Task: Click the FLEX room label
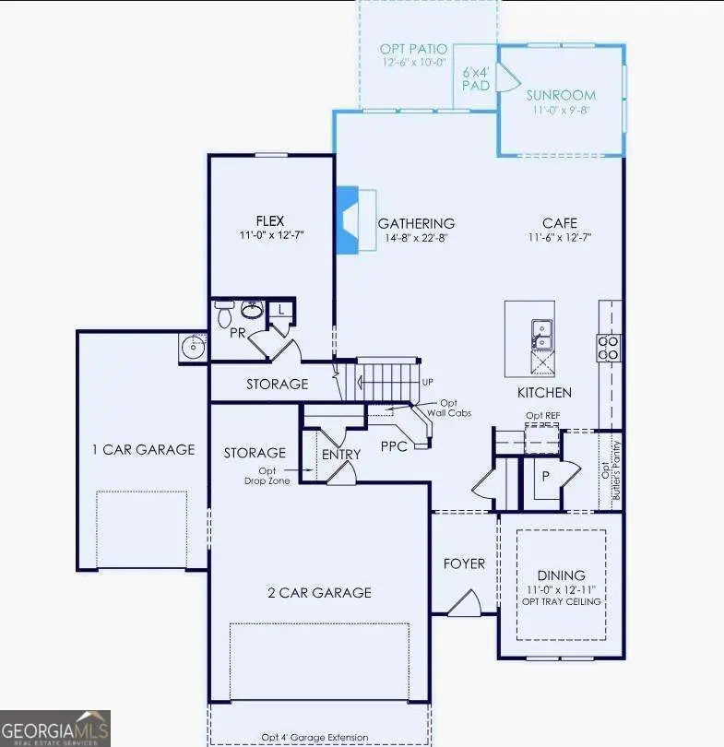coord(269,220)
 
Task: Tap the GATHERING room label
coord(416,223)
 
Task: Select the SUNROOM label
coord(561,95)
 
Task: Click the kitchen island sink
coord(542,334)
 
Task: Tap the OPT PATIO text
coord(413,48)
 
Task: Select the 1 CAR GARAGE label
coord(143,449)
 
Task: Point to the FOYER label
coord(464,563)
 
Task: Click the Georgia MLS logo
coord(55,728)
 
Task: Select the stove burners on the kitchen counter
coord(610,346)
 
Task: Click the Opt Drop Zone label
coord(261,476)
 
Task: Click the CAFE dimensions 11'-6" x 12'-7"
coord(559,237)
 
